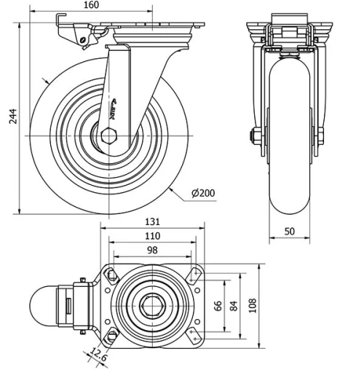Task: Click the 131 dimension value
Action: pos(152,222)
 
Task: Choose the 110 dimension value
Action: pos(152,236)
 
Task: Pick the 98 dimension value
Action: pos(152,250)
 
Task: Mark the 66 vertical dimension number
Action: pos(217,305)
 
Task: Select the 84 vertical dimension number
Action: pos(233,305)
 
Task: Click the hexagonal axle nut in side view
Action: pos(111,135)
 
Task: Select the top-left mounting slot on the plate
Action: pos(111,275)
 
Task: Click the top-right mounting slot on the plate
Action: pos(194,275)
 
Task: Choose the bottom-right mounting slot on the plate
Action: pos(194,336)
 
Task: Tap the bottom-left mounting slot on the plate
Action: pos(111,336)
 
